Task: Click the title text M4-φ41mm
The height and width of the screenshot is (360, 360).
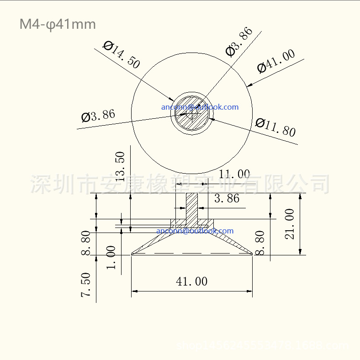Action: (58, 24)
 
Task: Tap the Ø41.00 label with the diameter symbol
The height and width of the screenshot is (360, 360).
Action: (276, 61)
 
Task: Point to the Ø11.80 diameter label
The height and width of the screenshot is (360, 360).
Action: (275, 127)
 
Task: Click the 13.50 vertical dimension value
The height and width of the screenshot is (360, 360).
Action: (120, 166)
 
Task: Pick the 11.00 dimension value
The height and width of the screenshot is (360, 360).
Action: (234, 174)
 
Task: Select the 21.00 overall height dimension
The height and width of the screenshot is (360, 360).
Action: (289, 224)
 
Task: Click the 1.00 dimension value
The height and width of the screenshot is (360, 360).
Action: (111, 258)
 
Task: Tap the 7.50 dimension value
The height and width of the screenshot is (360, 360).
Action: (85, 285)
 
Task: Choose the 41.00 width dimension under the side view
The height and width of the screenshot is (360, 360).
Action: (192, 281)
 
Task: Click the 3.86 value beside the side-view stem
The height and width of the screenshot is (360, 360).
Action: (227, 198)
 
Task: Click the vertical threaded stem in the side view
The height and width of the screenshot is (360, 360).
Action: (191, 208)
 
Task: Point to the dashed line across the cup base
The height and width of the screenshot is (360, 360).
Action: (192, 253)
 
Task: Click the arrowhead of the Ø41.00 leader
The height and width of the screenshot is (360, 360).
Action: (249, 85)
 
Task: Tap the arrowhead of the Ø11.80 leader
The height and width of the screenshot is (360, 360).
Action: (213, 120)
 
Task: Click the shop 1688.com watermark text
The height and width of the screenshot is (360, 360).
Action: (263, 345)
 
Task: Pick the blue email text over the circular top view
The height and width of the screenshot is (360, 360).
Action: (200, 107)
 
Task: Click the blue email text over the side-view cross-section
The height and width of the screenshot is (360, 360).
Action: (195, 231)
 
